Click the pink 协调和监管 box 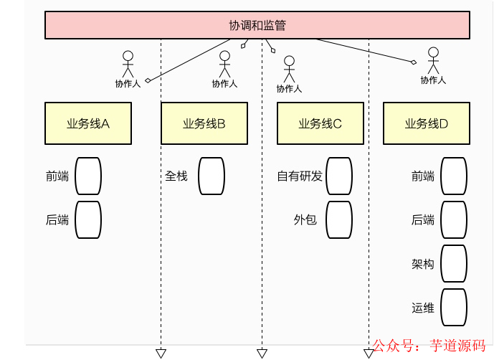(x=257, y=25)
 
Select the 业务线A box (x=88, y=123)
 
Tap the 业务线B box (x=204, y=123)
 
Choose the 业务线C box (x=320, y=123)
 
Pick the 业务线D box (x=427, y=123)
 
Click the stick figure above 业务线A (x=128, y=65)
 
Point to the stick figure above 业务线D (x=433, y=61)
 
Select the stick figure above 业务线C (x=289, y=70)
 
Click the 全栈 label (x=176, y=176)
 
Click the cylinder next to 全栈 (x=212, y=176)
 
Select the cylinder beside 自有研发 (x=338, y=176)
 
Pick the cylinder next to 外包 (x=338, y=219)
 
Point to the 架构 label (x=423, y=264)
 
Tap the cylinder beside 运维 (x=453, y=308)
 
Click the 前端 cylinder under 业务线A (x=88, y=176)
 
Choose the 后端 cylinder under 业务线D (x=453, y=219)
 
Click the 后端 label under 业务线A (x=57, y=220)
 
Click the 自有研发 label (x=300, y=176)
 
